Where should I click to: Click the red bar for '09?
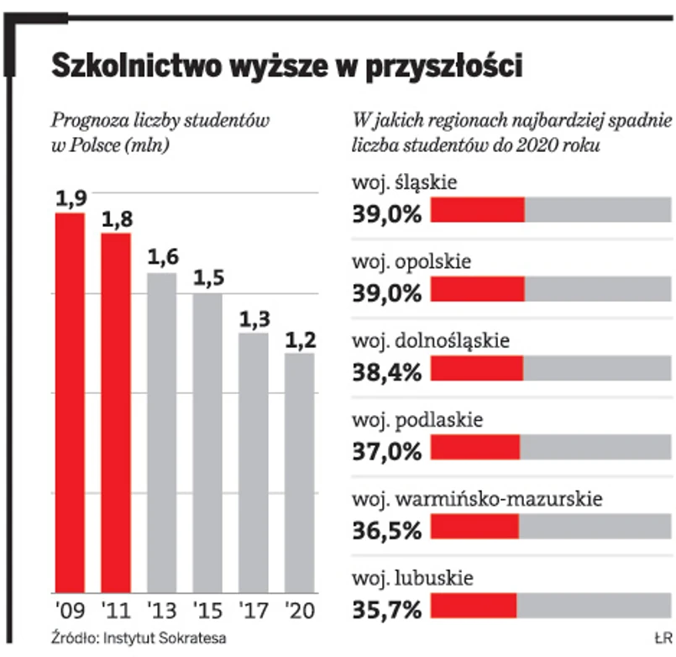[x=70, y=403]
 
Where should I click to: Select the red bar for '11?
[x=116, y=412]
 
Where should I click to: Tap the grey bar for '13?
[x=162, y=433]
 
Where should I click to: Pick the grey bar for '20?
[x=299, y=472]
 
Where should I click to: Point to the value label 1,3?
[x=254, y=320]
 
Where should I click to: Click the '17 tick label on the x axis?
[x=253, y=608]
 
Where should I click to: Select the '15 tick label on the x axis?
[x=207, y=608]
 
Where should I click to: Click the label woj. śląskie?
[x=404, y=182]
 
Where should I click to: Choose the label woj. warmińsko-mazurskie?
[x=476, y=500]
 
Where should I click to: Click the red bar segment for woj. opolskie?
[x=478, y=289]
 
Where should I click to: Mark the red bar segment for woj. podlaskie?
[x=475, y=448]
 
